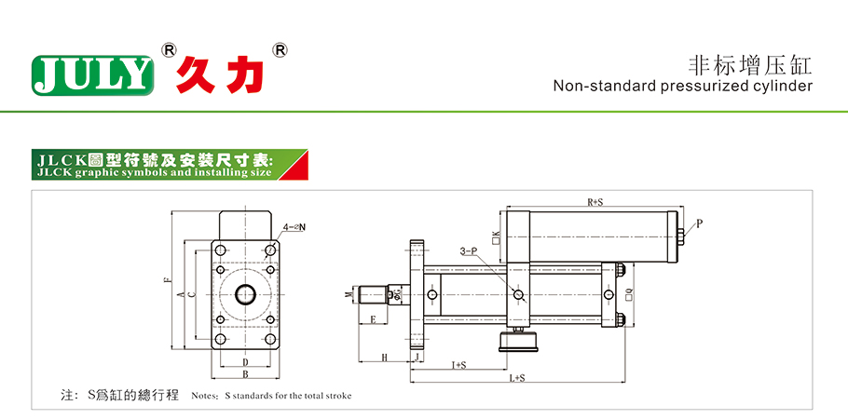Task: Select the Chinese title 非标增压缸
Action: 750,64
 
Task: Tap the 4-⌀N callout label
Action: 295,226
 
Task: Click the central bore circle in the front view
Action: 246,295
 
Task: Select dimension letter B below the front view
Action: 245,374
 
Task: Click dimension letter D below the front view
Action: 245,361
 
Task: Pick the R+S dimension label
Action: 594,201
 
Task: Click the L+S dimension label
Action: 518,377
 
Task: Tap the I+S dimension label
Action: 458,364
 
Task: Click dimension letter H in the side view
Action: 384,358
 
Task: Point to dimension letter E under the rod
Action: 373,320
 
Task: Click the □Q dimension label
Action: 629,295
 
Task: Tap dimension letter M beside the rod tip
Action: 349,295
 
